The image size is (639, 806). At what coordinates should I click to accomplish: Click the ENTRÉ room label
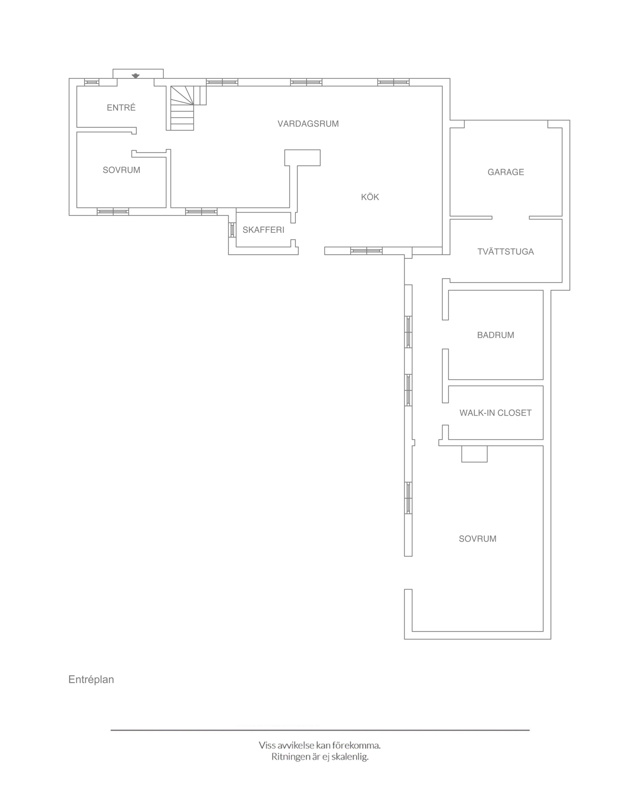[x=121, y=108]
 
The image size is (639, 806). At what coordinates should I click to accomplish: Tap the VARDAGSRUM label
[x=308, y=124]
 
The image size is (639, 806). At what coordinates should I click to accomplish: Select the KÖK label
[x=370, y=197]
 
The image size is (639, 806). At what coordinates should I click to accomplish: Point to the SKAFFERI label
[x=263, y=230]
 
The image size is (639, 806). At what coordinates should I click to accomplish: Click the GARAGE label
[x=505, y=172]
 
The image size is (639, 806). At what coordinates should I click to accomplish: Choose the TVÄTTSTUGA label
[x=505, y=252]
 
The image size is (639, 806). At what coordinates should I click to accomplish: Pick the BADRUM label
[x=495, y=335]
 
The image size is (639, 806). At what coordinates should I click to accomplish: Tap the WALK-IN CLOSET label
[x=495, y=413]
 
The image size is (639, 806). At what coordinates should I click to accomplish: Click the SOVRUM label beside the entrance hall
[x=121, y=170]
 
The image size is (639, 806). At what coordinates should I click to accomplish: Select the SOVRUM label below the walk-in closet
[x=477, y=539]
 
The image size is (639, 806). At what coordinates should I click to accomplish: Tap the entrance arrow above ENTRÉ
[x=136, y=76]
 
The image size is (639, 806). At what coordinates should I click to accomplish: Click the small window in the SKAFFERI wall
[x=232, y=230]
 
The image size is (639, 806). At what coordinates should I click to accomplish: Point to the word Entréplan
[x=91, y=680]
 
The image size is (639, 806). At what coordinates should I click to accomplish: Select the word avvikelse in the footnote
[x=296, y=745]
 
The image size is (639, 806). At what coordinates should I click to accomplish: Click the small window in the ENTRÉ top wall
[x=92, y=82]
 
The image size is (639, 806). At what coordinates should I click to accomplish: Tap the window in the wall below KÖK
[x=366, y=251]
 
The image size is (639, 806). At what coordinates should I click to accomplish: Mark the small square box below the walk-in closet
[x=474, y=454]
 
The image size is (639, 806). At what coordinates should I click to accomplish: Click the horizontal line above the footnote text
[x=320, y=730]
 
